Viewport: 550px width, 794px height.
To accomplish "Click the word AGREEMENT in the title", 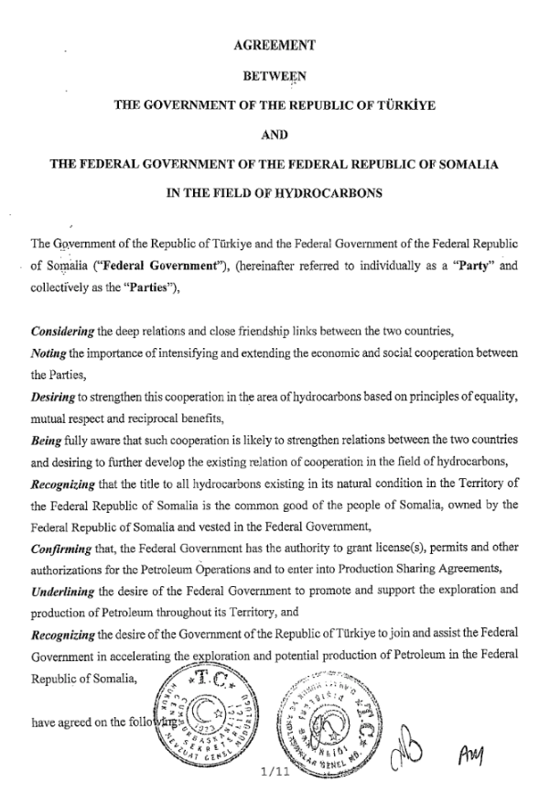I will click(275, 44).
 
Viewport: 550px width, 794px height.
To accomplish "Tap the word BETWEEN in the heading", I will click(275, 74).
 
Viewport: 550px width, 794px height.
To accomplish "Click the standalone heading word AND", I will click(275, 135).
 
